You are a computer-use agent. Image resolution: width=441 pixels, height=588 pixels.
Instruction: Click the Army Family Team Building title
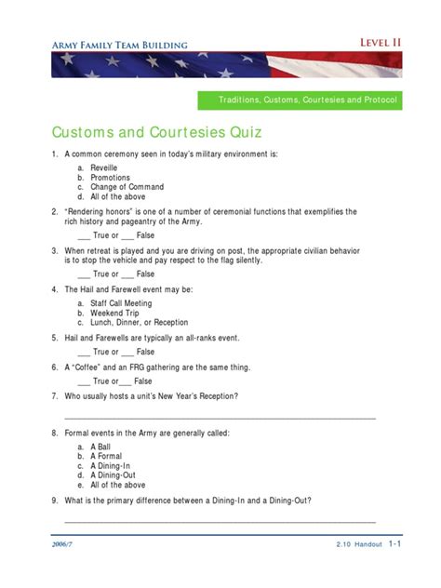(x=119, y=44)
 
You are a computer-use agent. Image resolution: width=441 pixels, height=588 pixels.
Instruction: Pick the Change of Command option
(x=127, y=187)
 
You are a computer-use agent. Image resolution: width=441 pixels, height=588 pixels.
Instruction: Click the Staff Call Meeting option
(x=121, y=303)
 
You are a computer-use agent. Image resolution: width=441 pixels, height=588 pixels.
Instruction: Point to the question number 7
(x=55, y=395)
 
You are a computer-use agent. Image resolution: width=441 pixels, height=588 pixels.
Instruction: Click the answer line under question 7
(x=220, y=419)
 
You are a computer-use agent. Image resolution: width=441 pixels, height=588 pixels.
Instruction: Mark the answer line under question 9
(x=220, y=523)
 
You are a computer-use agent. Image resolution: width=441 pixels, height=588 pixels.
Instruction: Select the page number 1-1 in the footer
(x=394, y=543)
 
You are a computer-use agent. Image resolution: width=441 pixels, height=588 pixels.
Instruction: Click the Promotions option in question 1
(x=110, y=178)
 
